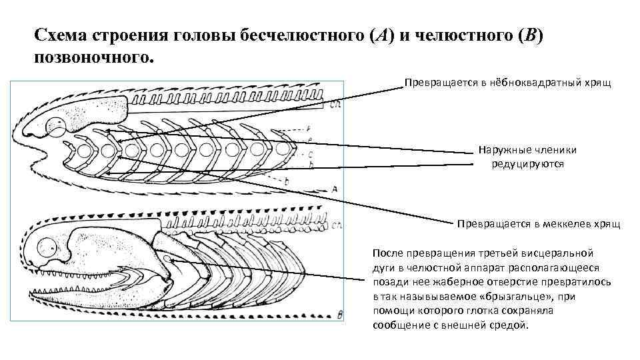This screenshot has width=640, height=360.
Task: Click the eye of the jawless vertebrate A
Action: [x=55, y=124]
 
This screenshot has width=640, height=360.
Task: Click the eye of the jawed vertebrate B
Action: [x=49, y=249]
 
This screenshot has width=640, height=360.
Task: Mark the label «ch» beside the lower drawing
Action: [x=337, y=224]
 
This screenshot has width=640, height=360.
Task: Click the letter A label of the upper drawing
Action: [x=334, y=189]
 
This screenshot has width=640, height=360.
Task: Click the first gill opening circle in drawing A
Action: [x=85, y=149]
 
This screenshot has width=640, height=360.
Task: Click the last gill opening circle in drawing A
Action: [x=283, y=147]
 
